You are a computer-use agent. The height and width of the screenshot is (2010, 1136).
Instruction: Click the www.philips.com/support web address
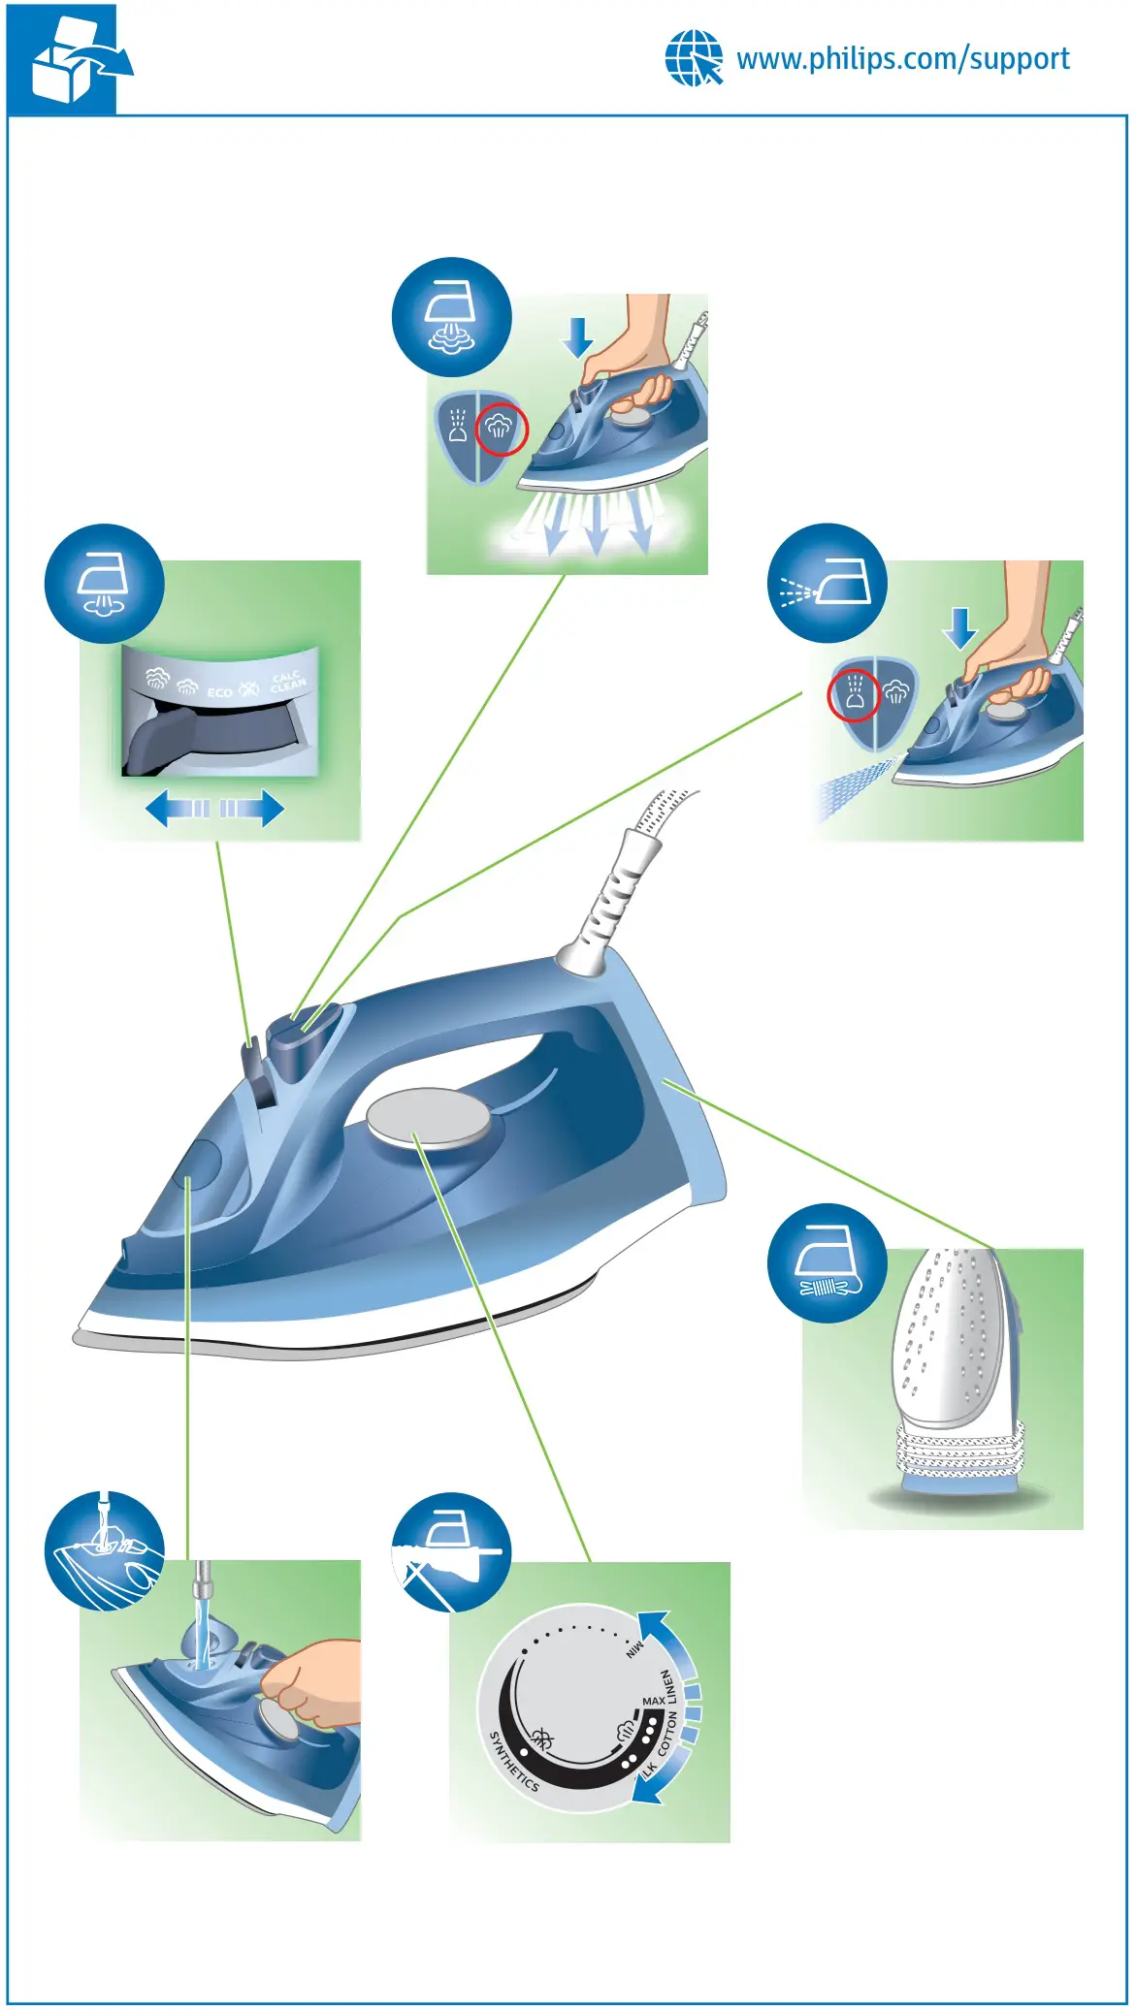click(902, 59)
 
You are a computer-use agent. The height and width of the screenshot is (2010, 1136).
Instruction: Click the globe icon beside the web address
click(694, 58)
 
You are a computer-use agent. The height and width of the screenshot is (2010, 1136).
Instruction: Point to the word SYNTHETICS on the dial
click(513, 1760)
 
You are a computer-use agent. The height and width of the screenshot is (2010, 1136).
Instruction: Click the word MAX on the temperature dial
click(653, 1701)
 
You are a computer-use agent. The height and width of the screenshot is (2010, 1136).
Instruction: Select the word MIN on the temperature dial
click(634, 1648)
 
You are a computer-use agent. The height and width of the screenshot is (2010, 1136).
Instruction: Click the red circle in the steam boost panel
click(502, 428)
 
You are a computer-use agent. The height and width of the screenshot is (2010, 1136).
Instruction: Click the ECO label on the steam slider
click(219, 692)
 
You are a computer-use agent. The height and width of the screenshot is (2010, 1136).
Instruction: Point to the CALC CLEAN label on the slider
click(287, 682)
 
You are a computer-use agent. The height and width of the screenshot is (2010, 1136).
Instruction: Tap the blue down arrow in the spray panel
click(960, 628)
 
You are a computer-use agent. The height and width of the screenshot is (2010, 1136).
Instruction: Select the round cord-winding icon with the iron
click(827, 1263)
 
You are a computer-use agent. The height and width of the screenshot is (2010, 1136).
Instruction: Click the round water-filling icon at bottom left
click(104, 1551)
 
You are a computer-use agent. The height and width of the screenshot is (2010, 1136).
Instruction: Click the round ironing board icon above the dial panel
click(451, 1551)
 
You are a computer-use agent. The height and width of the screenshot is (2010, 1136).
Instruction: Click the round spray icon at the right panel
click(827, 583)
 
